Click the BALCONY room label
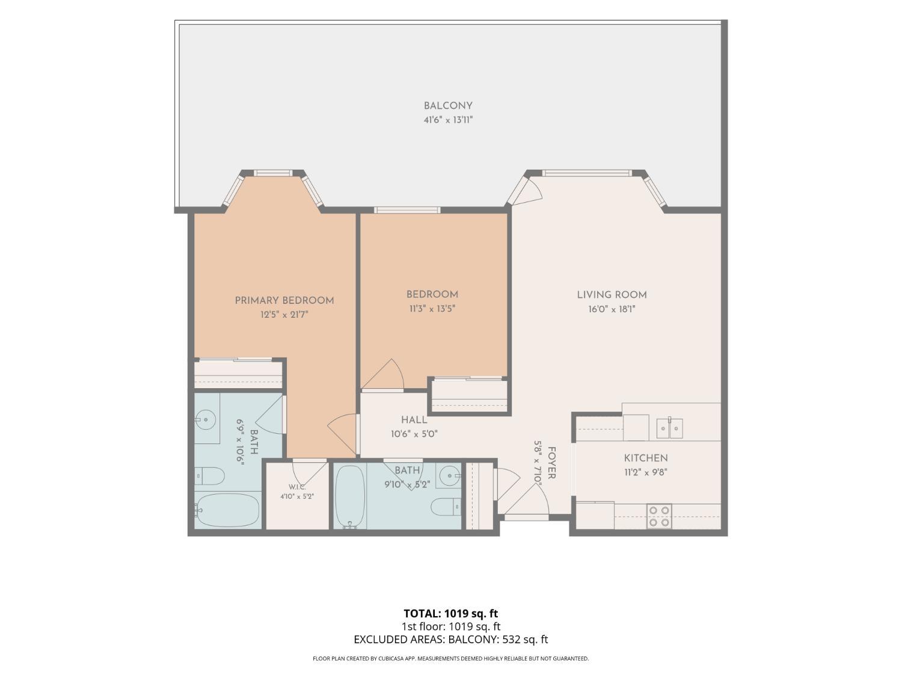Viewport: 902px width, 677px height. point(448,106)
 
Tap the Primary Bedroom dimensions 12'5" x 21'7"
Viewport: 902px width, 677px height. point(284,315)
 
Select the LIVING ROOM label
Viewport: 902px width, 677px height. point(612,295)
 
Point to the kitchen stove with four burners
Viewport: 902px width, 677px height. point(659,516)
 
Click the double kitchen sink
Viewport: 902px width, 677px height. point(669,428)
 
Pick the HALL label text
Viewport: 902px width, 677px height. point(414,419)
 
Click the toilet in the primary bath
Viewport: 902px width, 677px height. point(210,477)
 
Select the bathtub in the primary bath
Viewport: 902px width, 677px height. point(227,510)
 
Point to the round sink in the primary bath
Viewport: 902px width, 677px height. point(205,420)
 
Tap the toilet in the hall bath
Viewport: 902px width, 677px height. point(446,507)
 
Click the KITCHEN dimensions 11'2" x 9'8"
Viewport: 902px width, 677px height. point(646,472)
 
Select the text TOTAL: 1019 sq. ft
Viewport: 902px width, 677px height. point(451,614)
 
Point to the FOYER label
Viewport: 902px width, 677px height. point(552,463)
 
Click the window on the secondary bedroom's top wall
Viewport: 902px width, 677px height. point(407,210)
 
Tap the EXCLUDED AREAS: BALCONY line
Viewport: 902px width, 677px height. point(451,640)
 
